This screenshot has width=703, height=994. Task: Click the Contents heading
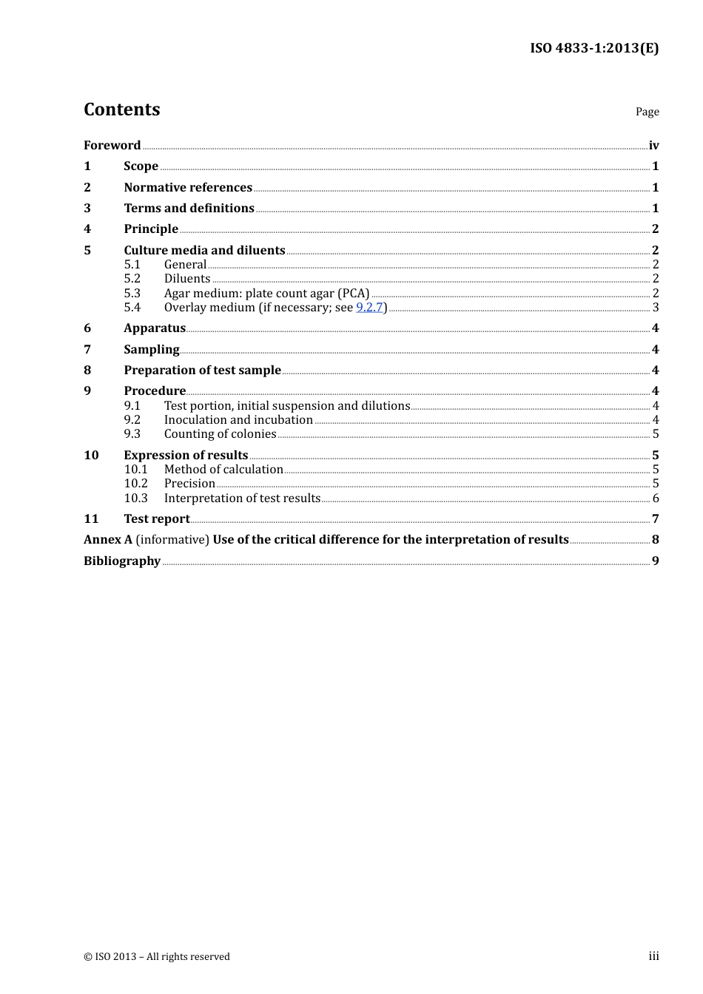tap(121, 109)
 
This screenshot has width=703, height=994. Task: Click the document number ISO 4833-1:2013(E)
tap(593, 48)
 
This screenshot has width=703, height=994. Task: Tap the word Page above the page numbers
tap(647, 112)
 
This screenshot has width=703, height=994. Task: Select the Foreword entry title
tap(112, 145)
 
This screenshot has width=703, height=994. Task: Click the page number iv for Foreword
tap(653, 145)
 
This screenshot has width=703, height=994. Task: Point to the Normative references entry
tap(188, 187)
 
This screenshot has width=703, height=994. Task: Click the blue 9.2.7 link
tap(369, 307)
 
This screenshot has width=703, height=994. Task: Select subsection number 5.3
tap(132, 293)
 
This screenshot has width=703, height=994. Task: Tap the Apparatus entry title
tap(155, 328)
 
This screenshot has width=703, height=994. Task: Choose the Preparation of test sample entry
tap(202, 370)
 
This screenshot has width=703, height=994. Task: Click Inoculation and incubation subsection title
tap(238, 419)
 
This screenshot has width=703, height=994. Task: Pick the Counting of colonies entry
tap(220, 434)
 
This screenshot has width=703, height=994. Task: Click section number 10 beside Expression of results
tap(91, 455)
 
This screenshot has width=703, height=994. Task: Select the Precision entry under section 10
tap(189, 484)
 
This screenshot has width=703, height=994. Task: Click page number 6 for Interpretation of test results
tap(655, 498)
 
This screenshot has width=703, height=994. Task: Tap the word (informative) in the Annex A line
tap(172, 539)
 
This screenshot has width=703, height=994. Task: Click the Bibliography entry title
tap(122, 561)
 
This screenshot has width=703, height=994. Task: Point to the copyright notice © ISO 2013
tap(157, 956)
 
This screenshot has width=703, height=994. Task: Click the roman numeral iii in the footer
tap(653, 956)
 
